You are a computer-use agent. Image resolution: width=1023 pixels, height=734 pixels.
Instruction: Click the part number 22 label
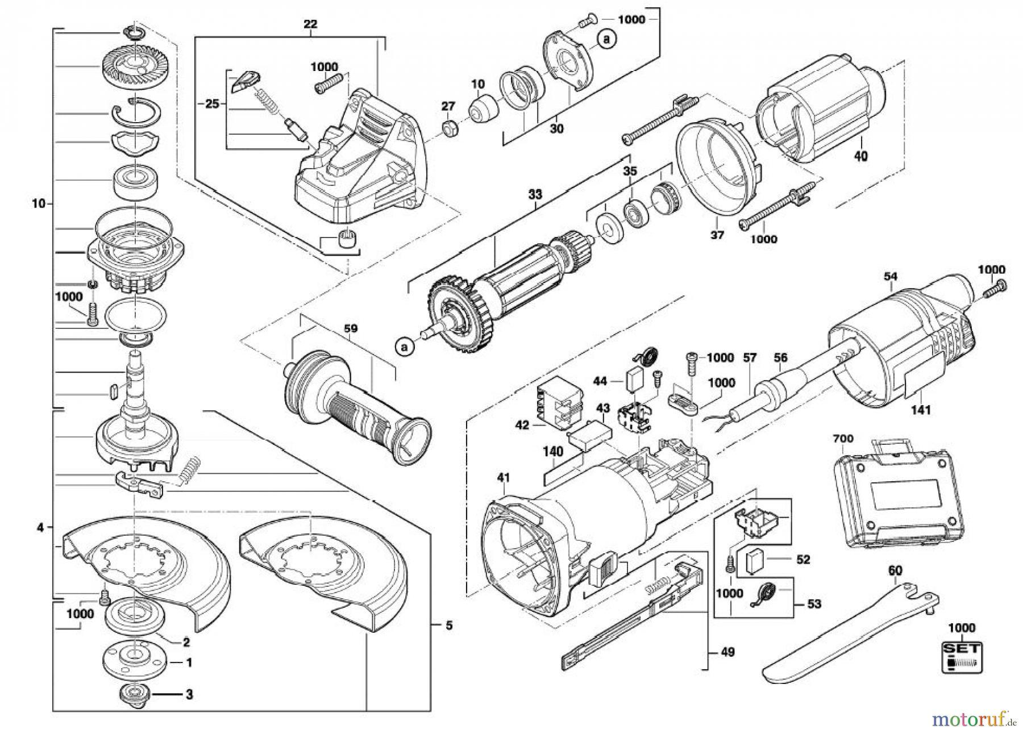pos(310,24)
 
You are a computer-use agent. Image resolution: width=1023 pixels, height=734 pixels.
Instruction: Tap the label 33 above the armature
pos(535,195)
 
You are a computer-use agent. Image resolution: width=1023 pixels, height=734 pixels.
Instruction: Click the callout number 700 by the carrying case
pos(843,439)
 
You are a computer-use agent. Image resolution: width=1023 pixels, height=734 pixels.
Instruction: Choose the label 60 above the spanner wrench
pos(895,570)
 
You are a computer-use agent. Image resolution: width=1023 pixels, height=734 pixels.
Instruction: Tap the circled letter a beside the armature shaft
pos(404,345)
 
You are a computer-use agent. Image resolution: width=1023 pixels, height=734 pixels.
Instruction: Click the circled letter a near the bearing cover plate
pos(607,39)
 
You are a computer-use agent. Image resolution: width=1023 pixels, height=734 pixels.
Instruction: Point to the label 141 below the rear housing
pos(921,408)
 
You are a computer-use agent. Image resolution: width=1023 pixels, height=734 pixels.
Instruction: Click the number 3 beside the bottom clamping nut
pos(189,694)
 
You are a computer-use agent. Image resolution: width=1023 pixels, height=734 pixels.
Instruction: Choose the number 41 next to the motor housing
pos(503,479)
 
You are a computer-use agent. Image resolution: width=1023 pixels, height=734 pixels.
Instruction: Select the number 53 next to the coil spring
pos(814,604)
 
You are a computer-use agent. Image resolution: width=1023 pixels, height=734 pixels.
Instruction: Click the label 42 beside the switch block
pos(522,425)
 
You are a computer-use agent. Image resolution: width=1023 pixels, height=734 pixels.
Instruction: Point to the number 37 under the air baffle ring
pos(717,235)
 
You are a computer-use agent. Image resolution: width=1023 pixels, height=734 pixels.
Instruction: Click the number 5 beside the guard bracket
pos(448,625)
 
